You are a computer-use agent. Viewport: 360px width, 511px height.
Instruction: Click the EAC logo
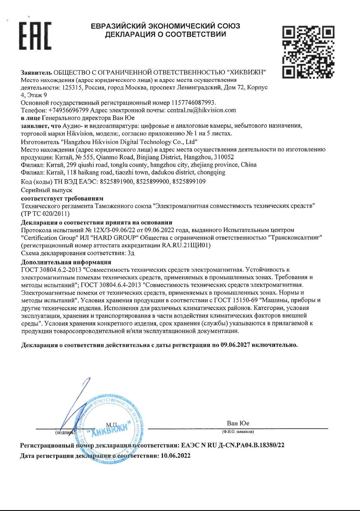click(35, 36)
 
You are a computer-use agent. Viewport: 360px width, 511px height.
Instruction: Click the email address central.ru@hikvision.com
click(201, 110)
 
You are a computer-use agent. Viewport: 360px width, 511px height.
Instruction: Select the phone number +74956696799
click(68, 110)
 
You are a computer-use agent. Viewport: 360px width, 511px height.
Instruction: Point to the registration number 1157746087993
click(193, 103)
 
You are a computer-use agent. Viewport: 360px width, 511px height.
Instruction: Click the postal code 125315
click(72, 87)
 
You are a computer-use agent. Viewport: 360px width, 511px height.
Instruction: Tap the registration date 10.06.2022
click(175, 456)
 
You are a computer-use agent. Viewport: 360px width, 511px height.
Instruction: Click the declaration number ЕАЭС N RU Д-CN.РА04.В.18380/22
click(233, 445)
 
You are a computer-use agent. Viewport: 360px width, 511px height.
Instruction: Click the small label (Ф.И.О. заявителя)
click(238, 431)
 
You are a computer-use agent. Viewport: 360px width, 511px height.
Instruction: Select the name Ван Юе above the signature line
click(238, 423)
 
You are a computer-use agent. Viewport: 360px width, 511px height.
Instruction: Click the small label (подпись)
click(65, 432)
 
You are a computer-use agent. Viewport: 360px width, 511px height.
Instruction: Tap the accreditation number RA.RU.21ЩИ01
click(185, 245)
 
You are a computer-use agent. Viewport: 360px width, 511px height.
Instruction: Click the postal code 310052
click(224, 157)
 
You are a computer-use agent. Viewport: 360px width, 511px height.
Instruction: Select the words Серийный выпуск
click(46, 190)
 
